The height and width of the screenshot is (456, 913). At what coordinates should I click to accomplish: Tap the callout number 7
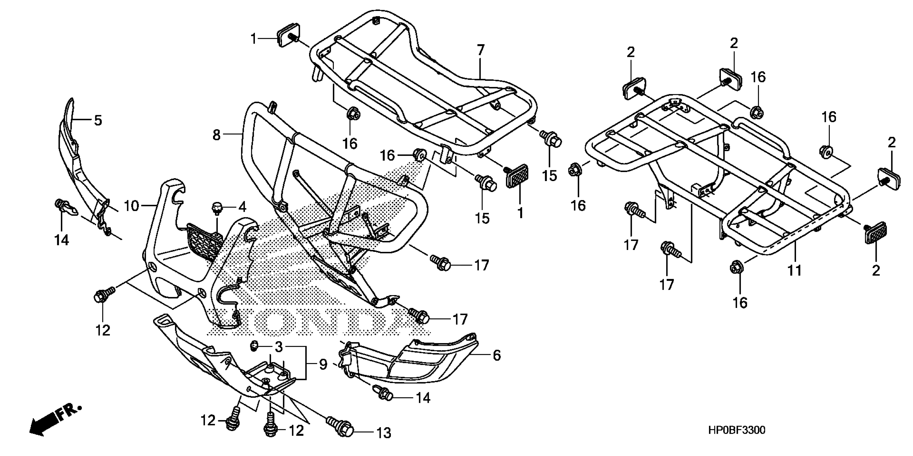(x=480, y=51)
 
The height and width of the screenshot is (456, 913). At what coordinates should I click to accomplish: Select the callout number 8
(x=217, y=135)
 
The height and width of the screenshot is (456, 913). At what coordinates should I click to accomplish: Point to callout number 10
(x=131, y=205)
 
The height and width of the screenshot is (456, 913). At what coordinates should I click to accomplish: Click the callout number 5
(x=98, y=120)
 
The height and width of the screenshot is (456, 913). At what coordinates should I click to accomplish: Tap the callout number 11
(x=794, y=270)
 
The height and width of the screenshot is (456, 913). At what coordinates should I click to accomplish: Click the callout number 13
(x=383, y=433)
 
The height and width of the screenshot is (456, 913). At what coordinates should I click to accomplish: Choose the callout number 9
(x=322, y=365)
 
